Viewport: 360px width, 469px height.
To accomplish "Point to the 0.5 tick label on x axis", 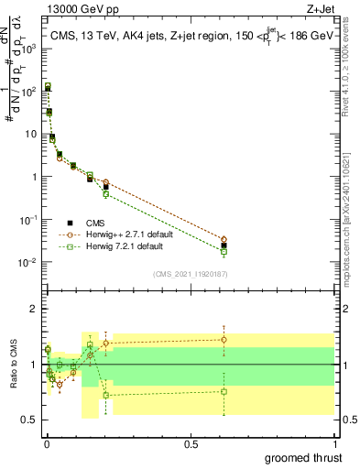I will [190, 442].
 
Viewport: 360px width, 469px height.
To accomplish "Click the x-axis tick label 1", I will [334, 442].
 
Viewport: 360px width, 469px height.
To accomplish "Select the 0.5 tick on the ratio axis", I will [30, 420].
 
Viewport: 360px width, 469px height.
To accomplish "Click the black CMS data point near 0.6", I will [224, 245].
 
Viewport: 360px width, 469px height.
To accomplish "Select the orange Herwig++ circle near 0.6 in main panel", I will [224, 239].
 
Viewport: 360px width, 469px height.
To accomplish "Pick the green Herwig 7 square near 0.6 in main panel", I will [224, 251].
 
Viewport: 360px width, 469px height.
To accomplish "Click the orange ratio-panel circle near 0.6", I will [224, 339].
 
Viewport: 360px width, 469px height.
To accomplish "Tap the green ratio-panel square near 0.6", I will [224, 391].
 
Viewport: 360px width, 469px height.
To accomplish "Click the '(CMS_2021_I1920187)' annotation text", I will [190, 274].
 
